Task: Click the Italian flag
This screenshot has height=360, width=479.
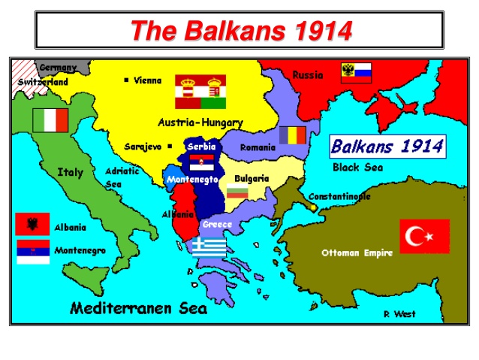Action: coord(50,120)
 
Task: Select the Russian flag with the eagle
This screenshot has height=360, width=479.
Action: coord(356,72)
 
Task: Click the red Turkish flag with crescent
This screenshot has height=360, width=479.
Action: coord(424,236)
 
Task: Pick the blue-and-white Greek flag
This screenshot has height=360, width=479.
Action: coord(209,247)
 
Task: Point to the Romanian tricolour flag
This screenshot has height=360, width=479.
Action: coord(293,135)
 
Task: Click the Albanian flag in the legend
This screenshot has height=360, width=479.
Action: coord(32,224)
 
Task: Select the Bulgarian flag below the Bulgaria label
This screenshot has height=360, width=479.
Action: coord(237,193)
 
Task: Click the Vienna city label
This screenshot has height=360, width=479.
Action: coord(147,80)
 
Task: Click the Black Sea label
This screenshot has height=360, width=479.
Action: coord(357,168)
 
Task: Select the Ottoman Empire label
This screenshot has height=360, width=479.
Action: coord(357,253)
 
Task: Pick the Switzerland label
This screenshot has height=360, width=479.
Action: coord(43,81)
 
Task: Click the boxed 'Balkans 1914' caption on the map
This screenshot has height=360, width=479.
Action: coord(387,146)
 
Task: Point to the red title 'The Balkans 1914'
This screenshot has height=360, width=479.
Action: coord(240,31)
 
